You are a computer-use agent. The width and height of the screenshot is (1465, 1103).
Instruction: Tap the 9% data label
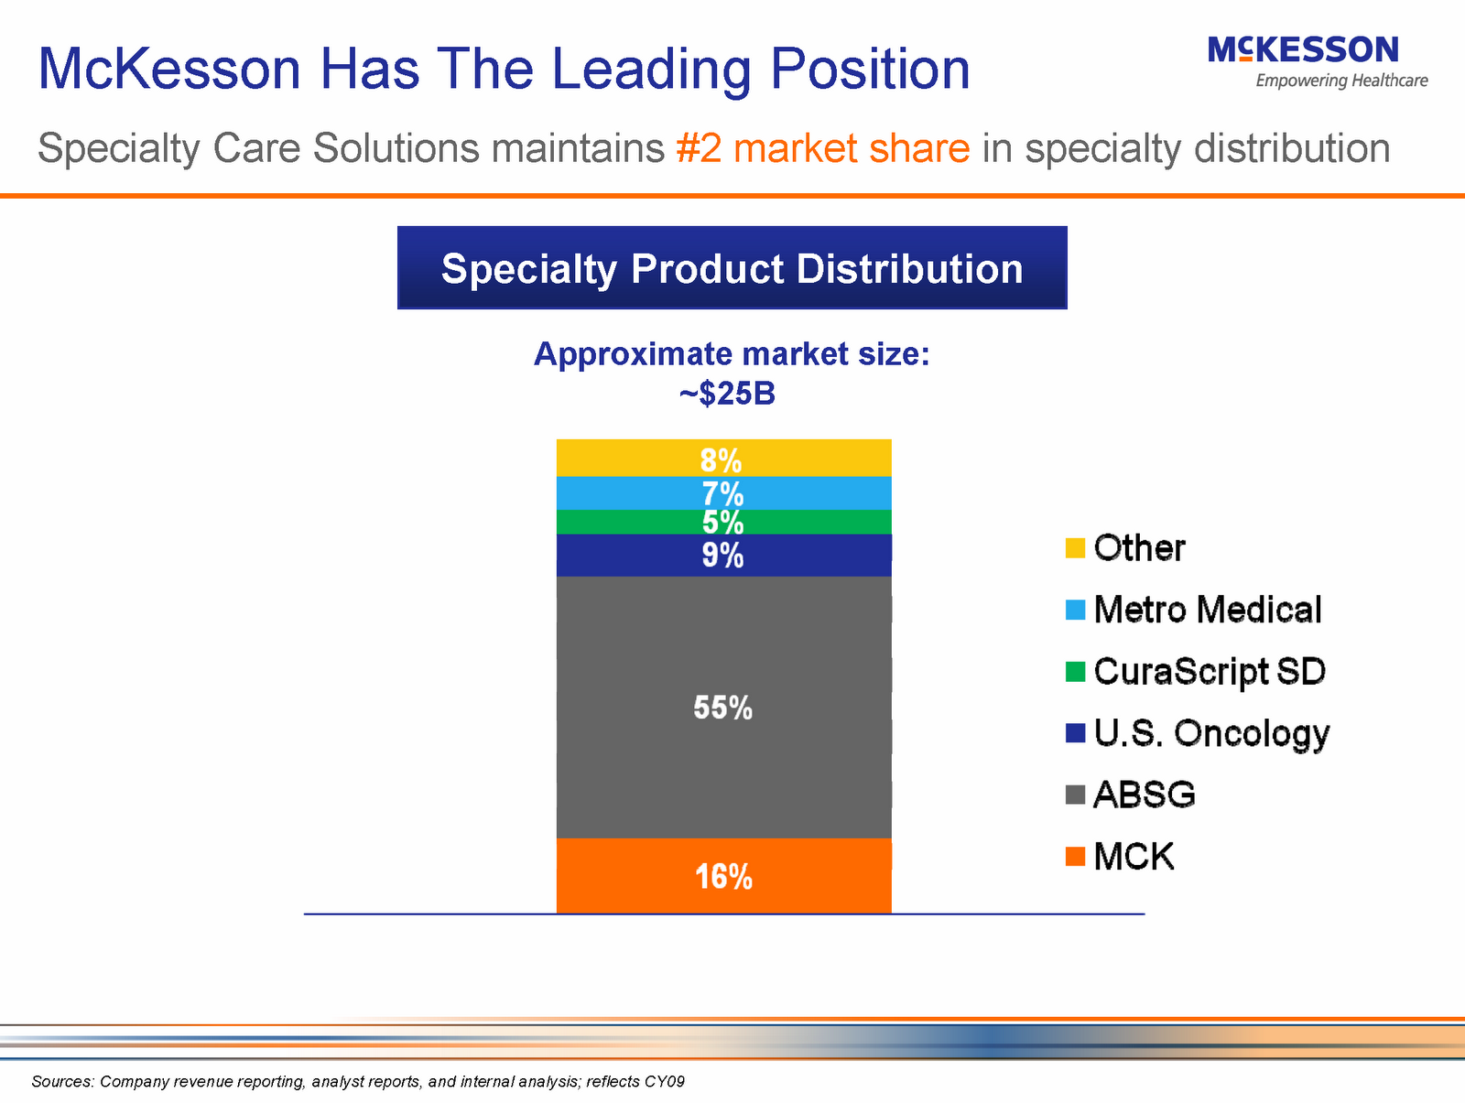tap(723, 556)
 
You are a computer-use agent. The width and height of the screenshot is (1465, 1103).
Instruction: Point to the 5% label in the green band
tap(723, 523)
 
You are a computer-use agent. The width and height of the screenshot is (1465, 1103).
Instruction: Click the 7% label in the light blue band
tap(723, 494)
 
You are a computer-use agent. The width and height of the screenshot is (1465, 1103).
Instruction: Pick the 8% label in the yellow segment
tap(722, 460)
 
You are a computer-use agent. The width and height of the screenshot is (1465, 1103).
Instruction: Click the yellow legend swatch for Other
tap(1076, 548)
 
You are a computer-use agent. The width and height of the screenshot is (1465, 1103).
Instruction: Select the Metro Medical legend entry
tap(1207, 610)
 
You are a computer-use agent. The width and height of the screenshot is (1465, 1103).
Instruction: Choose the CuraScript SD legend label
tap(1209, 672)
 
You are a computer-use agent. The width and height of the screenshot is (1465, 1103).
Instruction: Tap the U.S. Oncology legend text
tap(1210, 733)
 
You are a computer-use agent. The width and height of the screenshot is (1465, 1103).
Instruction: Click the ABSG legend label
tap(1145, 795)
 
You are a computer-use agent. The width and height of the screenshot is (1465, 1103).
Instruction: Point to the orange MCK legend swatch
tap(1076, 857)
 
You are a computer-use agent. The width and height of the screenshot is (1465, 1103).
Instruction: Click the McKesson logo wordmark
tap(1303, 49)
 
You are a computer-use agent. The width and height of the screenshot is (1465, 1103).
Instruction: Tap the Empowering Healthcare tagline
tap(1341, 81)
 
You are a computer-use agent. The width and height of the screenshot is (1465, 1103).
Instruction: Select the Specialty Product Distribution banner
tap(732, 268)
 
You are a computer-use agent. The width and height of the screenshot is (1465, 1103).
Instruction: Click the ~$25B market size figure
tap(728, 395)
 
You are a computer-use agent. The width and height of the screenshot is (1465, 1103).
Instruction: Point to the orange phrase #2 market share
tap(822, 148)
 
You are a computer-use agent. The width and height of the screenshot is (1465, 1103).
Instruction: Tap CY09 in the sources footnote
tap(664, 1082)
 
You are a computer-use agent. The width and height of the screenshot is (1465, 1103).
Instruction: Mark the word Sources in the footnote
tap(62, 1082)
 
